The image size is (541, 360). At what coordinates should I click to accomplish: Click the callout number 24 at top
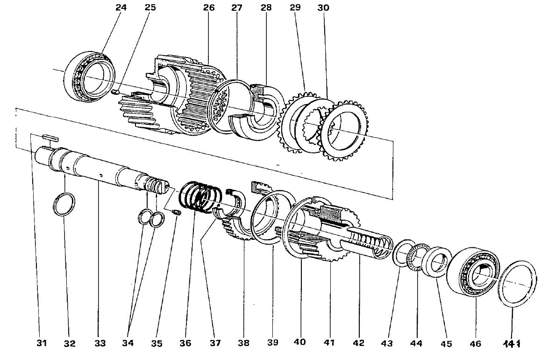[x=114, y=8]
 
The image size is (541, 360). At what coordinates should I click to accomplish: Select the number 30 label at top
[x=323, y=8]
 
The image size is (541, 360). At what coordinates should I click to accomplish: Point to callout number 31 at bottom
[x=42, y=344]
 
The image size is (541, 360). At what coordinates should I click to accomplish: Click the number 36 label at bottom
[x=185, y=343]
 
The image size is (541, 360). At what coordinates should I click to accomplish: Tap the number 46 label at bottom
[x=475, y=344]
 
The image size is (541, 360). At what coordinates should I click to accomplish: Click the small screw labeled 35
[x=176, y=213]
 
